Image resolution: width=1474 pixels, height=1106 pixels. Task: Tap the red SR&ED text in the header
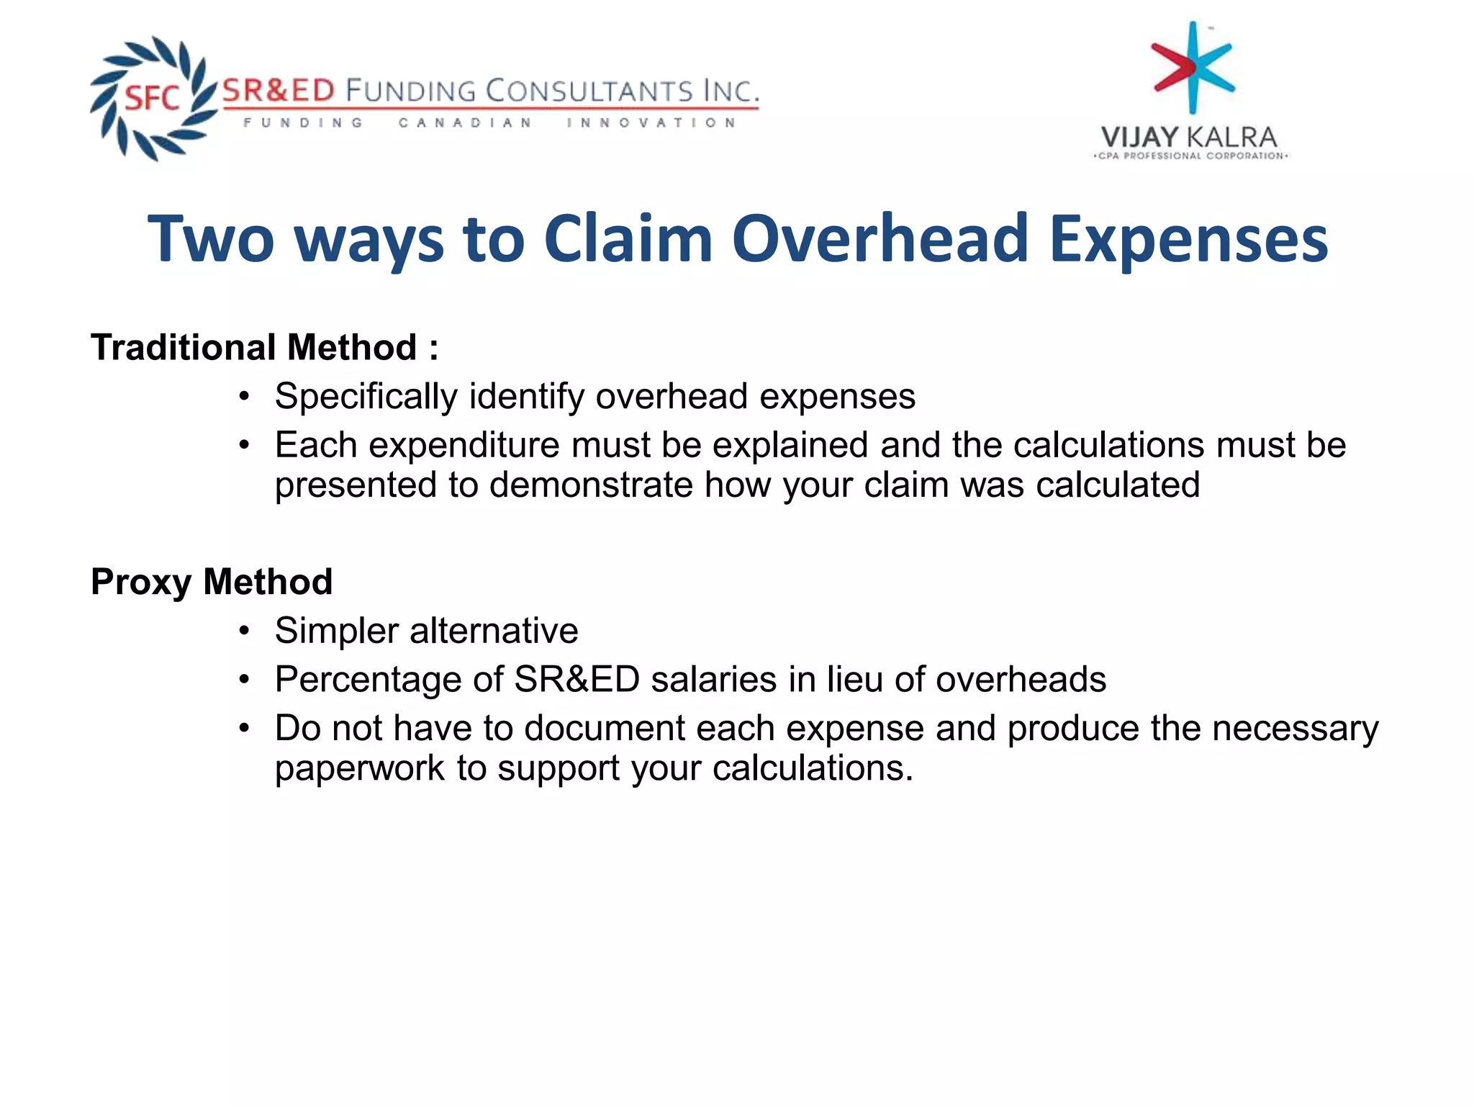coord(279,91)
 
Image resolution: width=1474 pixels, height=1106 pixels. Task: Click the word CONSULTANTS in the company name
coord(588,91)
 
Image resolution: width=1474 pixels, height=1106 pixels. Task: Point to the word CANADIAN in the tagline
coord(465,123)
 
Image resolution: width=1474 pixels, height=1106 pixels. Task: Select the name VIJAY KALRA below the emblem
coord(1189,137)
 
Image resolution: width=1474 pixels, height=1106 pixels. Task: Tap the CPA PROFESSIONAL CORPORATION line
coord(1190,156)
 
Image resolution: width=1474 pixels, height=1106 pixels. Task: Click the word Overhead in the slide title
coord(880,239)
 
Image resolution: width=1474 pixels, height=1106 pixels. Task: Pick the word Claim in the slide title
coord(628,239)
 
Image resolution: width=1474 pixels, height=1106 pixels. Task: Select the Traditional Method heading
coord(264,347)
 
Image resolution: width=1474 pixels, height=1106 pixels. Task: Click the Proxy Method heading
coord(212,581)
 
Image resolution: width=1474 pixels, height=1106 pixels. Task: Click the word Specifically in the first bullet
coord(366,397)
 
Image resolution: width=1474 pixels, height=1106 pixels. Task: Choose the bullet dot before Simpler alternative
coord(245,631)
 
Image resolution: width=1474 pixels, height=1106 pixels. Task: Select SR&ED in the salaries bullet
coord(577,679)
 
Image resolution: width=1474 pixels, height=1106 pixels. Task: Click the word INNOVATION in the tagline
coord(651,123)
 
